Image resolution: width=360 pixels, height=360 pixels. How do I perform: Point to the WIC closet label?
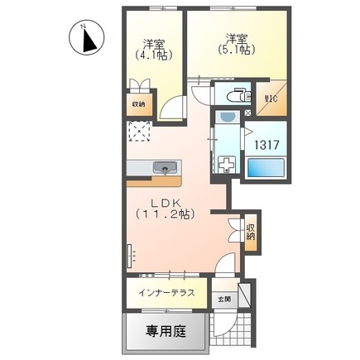271,103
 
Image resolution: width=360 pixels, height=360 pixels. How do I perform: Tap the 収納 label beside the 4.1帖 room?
138,104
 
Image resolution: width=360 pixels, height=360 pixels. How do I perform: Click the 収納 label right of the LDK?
249,229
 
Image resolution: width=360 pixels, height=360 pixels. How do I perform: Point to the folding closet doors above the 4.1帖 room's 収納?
139,84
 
